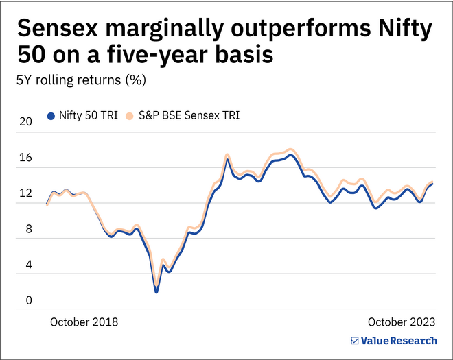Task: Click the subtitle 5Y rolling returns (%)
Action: pos(81,80)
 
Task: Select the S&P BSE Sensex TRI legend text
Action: pos(188,116)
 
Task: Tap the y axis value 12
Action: pos(25,194)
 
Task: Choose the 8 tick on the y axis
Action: pos(27,230)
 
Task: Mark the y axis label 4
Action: pos(27,265)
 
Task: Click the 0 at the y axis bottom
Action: pos(27,300)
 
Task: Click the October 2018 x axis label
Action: pos(84,322)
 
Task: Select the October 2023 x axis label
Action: pos(402,322)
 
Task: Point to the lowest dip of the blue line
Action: pos(156,291)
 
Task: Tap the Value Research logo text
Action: pos(399,341)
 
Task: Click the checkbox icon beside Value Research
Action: pos(354,341)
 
